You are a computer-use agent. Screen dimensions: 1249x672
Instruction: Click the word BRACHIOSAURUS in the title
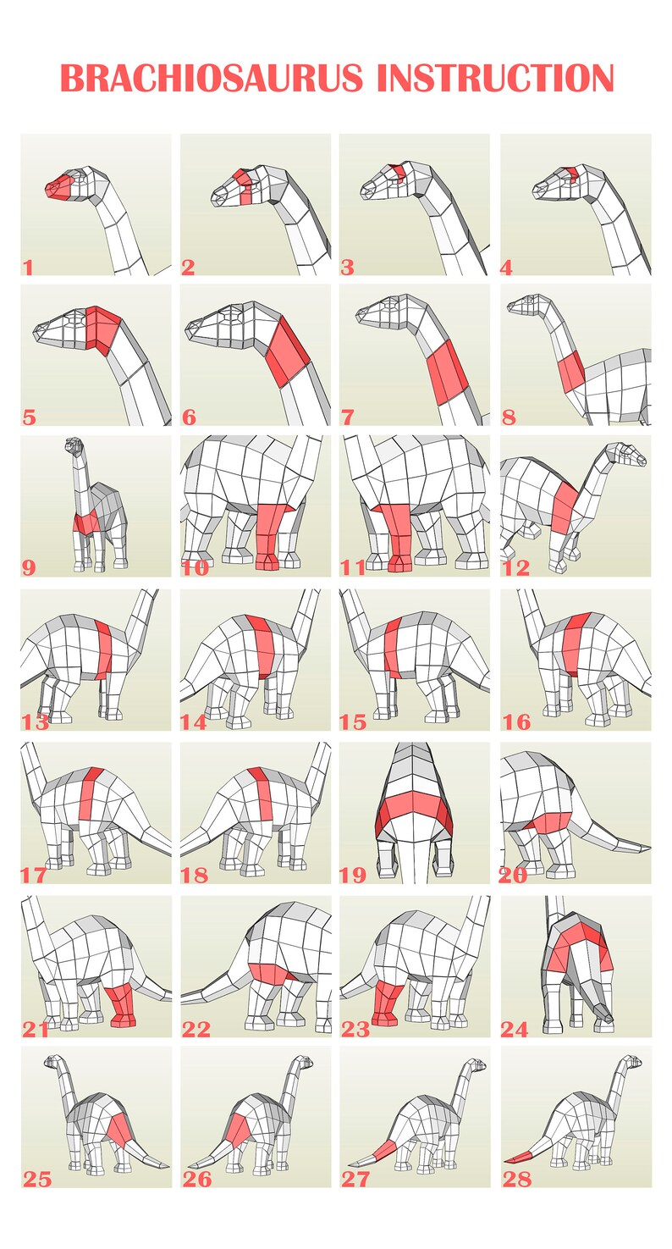point(212,79)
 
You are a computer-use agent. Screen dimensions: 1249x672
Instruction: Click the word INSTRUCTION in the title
point(495,79)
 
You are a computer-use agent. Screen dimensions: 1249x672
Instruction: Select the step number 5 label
point(29,417)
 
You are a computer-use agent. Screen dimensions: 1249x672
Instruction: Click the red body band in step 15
point(392,648)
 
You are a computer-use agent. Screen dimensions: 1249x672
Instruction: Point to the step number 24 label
point(515,1030)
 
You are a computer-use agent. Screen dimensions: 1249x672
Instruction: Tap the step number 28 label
point(516,1180)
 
